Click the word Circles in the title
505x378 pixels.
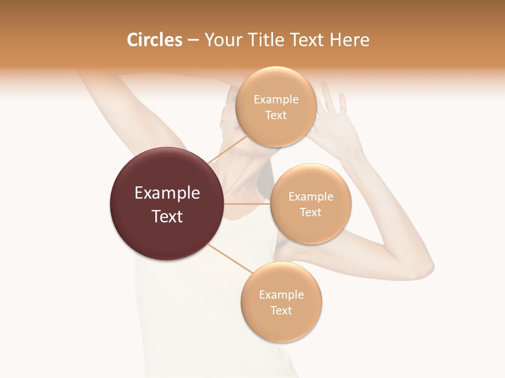click(155, 40)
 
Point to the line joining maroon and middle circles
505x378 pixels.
click(247, 204)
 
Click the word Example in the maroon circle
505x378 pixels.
click(167, 193)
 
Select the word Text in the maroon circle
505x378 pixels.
click(167, 216)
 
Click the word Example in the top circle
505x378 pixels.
click(276, 100)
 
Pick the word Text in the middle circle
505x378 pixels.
click(311, 213)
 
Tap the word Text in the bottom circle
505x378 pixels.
click(281, 310)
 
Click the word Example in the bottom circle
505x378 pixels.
click(281, 295)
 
